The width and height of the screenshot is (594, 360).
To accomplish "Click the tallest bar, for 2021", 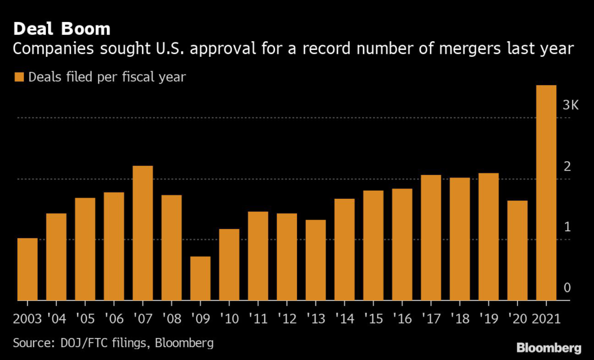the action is (x=546, y=192).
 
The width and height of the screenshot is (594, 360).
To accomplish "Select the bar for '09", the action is (x=200, y=279).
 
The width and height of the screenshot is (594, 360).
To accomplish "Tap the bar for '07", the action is (x=143, y=233).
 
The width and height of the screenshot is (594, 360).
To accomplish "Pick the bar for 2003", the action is (x=28, y=269).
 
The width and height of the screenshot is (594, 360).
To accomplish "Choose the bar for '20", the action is (x=517, y=250).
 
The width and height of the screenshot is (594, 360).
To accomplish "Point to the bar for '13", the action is (x=316, y=260).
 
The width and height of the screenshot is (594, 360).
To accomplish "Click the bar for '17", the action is (x=431, y=238).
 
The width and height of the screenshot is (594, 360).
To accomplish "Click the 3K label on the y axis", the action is (x=571, y=105).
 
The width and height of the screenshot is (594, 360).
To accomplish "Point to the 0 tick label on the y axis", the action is (x=567, y=288).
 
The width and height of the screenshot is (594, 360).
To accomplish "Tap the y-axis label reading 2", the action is (x=567, y=166).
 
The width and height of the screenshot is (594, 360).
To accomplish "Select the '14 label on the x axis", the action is (x=345, y=319).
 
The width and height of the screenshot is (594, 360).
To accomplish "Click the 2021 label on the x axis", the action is (x=546, y=319).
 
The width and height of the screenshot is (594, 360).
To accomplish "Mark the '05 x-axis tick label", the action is (x=85, y=319).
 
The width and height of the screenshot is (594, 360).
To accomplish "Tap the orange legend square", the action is (x=19, y=77).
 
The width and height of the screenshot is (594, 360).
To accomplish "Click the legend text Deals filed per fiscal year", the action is (x=107, y=77).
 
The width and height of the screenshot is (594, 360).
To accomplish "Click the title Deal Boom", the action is (x=61, y=29).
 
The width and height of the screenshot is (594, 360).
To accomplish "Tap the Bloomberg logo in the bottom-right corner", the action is (x=549, y=348).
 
